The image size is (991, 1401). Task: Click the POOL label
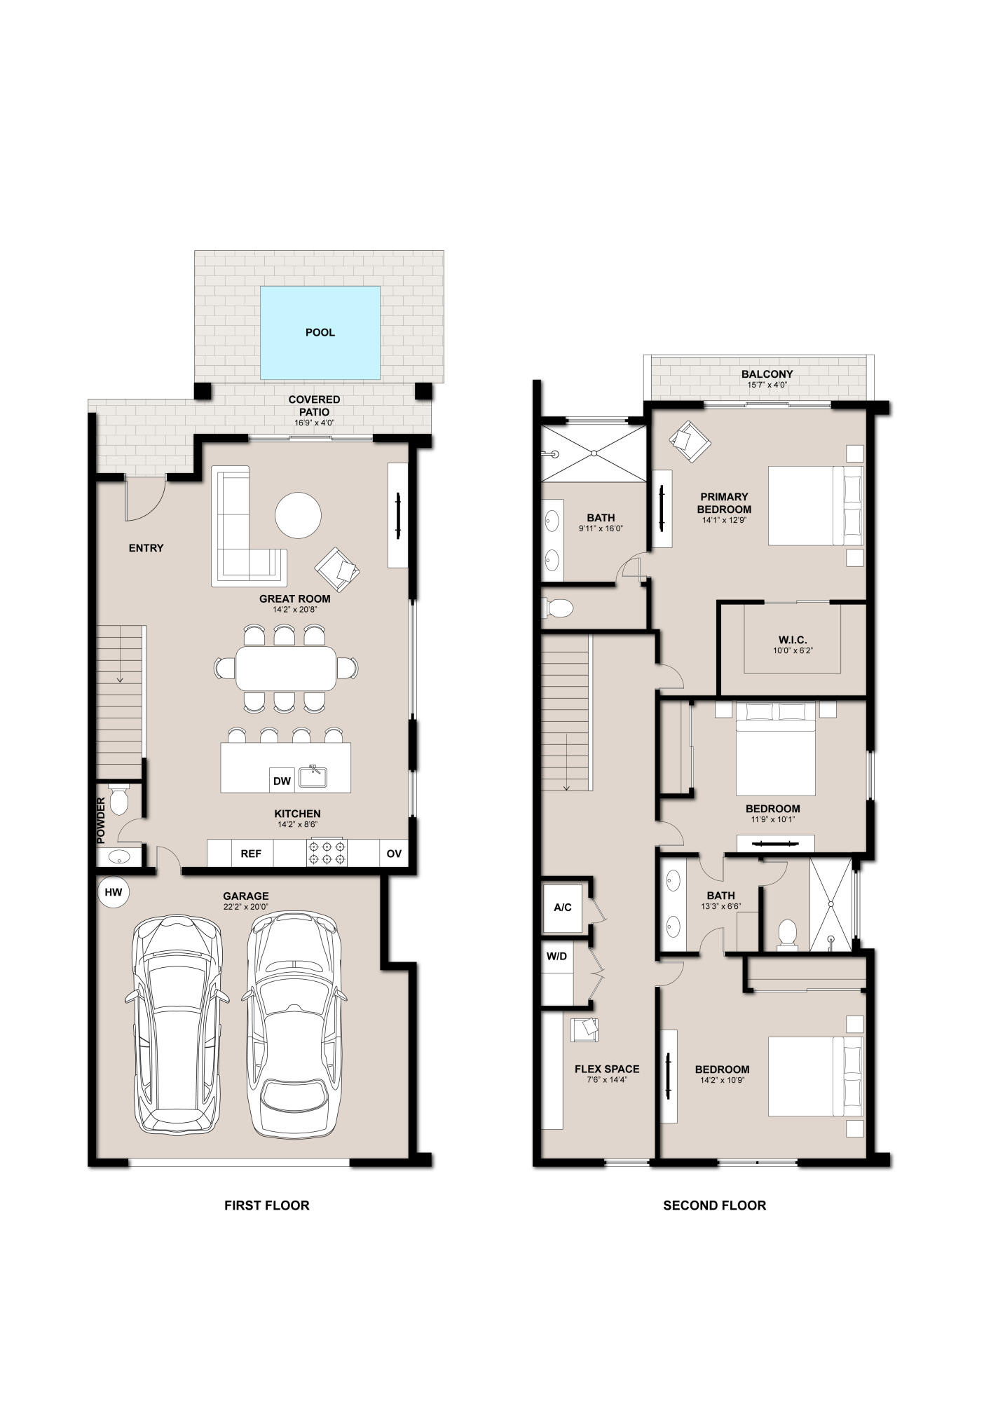(x=320, y=332)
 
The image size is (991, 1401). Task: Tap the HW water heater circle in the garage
(x=114, y=892)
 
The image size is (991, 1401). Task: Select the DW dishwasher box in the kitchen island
(x=282, y=781)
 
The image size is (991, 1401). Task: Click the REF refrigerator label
(x=251, y=854)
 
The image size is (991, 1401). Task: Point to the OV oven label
(x=394, y=854)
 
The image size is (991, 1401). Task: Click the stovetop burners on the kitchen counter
(x=327, y=853)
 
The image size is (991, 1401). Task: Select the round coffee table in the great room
(x=298, y=515)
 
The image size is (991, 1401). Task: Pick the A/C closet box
(x=563, y=908)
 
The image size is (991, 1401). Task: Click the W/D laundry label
(x=556, y=956)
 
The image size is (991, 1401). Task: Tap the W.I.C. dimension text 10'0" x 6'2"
(x=792, y=650)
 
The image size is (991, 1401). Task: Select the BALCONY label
(x=767, y=374)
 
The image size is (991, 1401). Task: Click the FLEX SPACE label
(x=607, y=1069)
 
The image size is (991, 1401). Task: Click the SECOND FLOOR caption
(x=714, y=1205)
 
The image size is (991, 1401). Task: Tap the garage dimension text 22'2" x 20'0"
(x=245, y=908)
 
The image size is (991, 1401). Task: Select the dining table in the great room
(x=286, y=668)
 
